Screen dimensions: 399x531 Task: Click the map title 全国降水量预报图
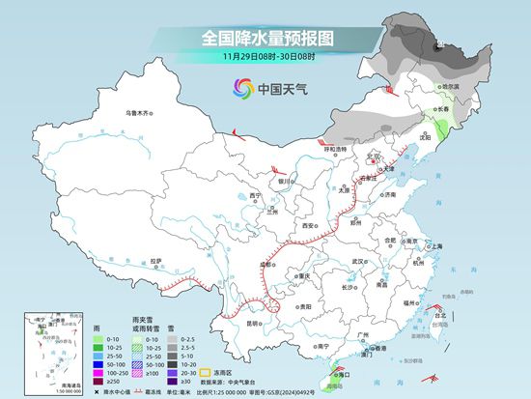pyautogui.click(x=265, y=38)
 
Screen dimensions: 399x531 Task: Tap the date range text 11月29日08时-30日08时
pyautogui.click(x=265, y=58)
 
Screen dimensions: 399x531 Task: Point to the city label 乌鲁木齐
pyautogui.click(x=140, y=114)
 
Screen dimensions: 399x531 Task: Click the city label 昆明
pyautogui.click(x=255, y=323)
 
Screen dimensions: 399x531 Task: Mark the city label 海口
pyautogui.click(x=340, y=371)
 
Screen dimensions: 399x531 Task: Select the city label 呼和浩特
pyautogui.click(x=335, y=150)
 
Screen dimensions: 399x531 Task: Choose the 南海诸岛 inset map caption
pyautogui.click(x=40, y=382)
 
